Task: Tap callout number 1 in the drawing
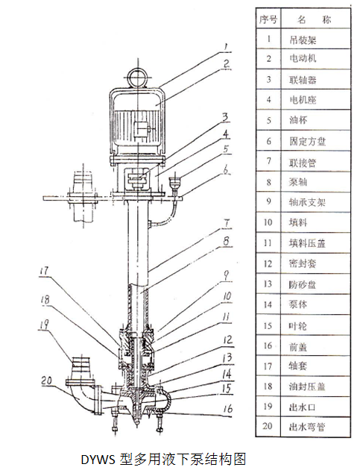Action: pos(226,47)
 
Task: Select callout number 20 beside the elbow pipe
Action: pos(46,380)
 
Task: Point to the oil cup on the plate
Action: pos(174,182)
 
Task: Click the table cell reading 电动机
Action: pos(303,58)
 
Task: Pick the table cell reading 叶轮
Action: pos(298,326)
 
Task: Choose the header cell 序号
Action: pos(268,20)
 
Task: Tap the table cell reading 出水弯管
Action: pos(307,427)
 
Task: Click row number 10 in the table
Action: pos(268,222)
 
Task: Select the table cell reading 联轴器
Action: pos(303,80)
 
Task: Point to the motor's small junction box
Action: pos(140,131)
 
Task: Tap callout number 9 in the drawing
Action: pos(227,275)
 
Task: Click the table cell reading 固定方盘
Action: pos(307,141)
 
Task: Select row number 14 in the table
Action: pos(268,304)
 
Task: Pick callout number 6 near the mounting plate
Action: pos(227,169)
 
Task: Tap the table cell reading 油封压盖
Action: pos(307,386)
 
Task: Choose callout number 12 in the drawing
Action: pos(227,339)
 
